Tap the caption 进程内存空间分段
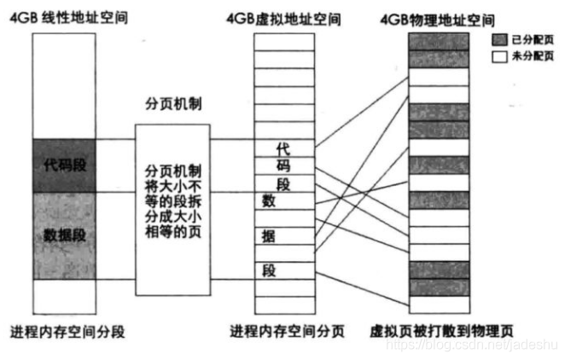pyautogui.click(x=67, y=331)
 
